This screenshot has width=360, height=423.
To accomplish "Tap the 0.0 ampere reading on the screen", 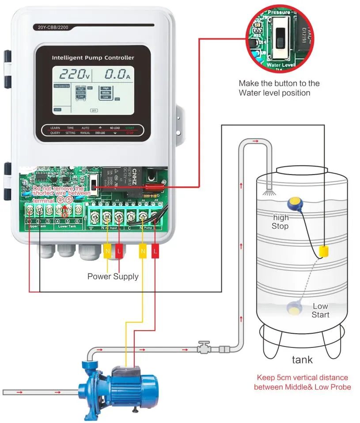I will (x=116, y=75).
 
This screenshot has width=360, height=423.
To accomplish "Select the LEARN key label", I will (x=55, y=128).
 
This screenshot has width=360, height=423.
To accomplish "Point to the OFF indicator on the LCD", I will (x=94, y=110).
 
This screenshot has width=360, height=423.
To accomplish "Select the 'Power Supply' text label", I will (x=113, y=277).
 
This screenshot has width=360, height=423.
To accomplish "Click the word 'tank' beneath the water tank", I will (x=302, y=359).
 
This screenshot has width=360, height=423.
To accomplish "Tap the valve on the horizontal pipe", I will (x=204, y=347).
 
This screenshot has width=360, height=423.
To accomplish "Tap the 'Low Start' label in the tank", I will (x=320, y=310).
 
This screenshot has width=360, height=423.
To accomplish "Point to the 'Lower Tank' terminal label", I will (x=67, y=226).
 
